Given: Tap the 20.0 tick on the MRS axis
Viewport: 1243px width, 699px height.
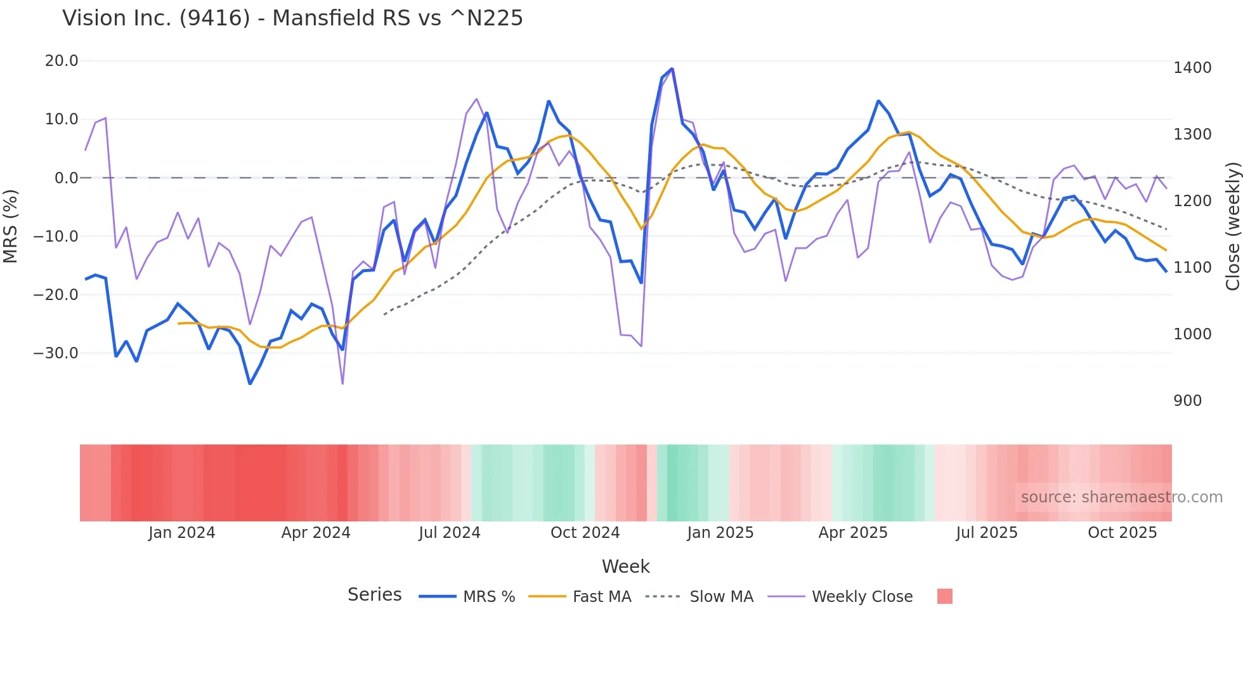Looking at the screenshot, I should click(62, 61).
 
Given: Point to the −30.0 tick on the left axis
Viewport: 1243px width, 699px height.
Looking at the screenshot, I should click(56, 353).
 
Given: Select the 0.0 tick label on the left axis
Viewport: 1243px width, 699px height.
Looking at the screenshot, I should click(66, 178).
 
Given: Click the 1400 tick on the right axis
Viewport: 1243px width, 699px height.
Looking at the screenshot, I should click(1192, 68).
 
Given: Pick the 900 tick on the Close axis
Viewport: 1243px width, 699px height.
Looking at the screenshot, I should click(1187, 401).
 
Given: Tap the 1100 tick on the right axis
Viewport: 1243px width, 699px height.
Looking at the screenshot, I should click(1192, 268).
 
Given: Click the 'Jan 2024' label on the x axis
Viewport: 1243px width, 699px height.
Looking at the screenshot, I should click(181, 533).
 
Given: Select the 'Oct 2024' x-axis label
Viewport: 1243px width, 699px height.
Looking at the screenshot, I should click(585, 533).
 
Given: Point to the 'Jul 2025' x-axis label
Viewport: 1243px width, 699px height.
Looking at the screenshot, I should click(986, 533).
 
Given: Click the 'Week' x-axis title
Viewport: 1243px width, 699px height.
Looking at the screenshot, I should click(625, 566).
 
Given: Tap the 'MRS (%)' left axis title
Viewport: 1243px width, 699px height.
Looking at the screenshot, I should click(11, 226).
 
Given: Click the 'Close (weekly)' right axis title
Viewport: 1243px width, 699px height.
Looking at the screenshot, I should click(1232, 226).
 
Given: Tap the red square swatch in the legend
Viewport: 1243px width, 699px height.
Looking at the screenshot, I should click(944, 596).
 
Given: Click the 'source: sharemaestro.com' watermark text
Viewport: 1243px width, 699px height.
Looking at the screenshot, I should click(1121, 497).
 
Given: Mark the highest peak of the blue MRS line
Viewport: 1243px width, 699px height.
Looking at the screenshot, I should click(672, 69).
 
